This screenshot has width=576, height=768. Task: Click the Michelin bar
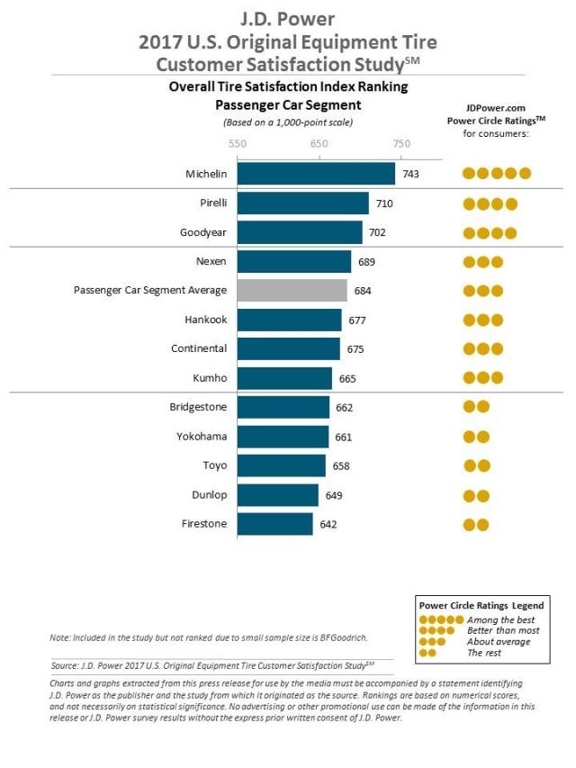tap(316, 174)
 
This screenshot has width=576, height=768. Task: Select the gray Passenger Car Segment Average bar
tap(292, 291)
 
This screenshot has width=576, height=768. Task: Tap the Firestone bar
tap(275, 524)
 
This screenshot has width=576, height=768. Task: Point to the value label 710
tap(384, 203)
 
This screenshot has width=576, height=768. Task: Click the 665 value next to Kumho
tap(347, 379)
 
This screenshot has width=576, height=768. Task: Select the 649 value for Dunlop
tap(334, 495)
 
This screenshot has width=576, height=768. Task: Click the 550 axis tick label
tap(238, 143)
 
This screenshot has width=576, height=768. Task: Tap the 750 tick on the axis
tap(401, 143)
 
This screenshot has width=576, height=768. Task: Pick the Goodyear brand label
tap(202, 232)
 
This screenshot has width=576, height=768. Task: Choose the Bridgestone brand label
tap(198, 407)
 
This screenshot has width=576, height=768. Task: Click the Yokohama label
tap(202, 437)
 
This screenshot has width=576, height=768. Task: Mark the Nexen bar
tap(294, 261)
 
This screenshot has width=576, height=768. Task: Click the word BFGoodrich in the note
tap(343, 637)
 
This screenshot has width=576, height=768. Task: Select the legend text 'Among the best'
tap(500, 619)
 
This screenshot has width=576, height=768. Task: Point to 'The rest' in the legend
tap(484, 653)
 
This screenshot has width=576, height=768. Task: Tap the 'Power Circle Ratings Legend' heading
tap(481, 605)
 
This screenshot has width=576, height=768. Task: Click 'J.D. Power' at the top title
tap(287, 19)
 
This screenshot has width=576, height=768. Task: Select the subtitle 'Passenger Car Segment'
tap(288, 104)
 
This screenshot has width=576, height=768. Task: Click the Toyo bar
tap(282, 465)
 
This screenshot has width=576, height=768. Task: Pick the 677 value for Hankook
tap(357, 321)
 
